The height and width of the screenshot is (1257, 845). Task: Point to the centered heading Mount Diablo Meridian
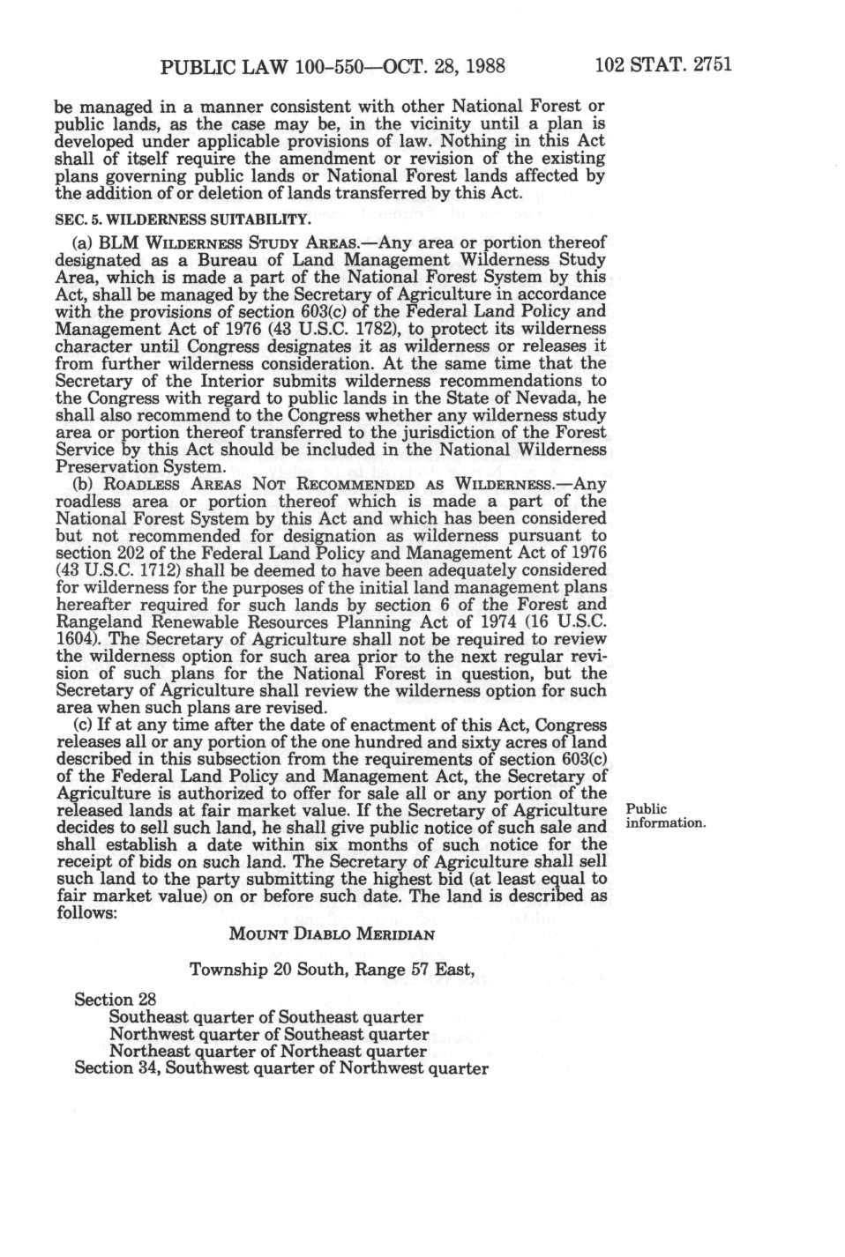tap(331, 934)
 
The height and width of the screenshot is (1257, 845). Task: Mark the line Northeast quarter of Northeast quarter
tap(267, 1051)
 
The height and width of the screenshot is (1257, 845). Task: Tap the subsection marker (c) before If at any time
tap(82, 725)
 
